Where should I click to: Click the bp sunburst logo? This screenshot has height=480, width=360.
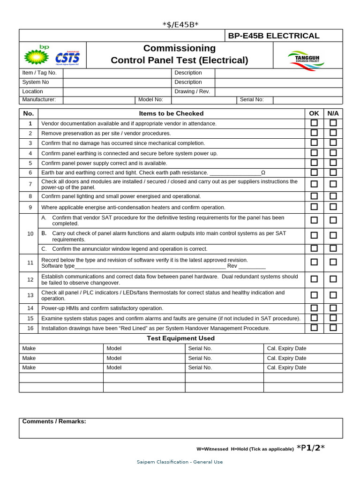click(x=37, y=56)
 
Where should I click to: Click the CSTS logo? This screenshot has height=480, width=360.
click(x=67, y=58)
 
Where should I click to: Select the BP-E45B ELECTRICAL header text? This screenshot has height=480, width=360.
click(x=273, y=36)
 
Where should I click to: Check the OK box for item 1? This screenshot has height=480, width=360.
click(x=314, y=123)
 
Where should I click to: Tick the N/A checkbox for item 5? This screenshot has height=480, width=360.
click(x=333, y=163)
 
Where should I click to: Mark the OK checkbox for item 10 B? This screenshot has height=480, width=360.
click(x=314, y=235)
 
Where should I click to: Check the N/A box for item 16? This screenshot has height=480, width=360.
click(x=333, y=328)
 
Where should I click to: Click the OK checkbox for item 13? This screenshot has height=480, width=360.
click(x=314, y=295)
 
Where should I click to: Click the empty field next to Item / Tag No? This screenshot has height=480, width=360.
click(x=117, y=73)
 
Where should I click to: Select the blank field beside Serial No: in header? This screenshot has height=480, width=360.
click(x=307, y=100)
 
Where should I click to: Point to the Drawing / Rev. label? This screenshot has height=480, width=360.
click(x=192, y=91)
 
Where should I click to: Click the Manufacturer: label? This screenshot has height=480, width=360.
click(x=39, y=100)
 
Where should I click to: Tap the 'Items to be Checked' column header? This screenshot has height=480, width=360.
click(x=171, y=113)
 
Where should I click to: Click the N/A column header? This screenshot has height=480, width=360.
click(x=333, y=113)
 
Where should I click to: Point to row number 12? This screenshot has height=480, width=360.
click(x=30, y=280)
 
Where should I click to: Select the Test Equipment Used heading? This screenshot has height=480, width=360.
click(x=180, y=338)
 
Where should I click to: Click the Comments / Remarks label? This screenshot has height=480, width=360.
click(x=54, y=421)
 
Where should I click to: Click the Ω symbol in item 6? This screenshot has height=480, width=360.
click(x=263, y=173)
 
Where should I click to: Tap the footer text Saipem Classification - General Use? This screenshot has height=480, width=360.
click(x=180, y=462)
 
